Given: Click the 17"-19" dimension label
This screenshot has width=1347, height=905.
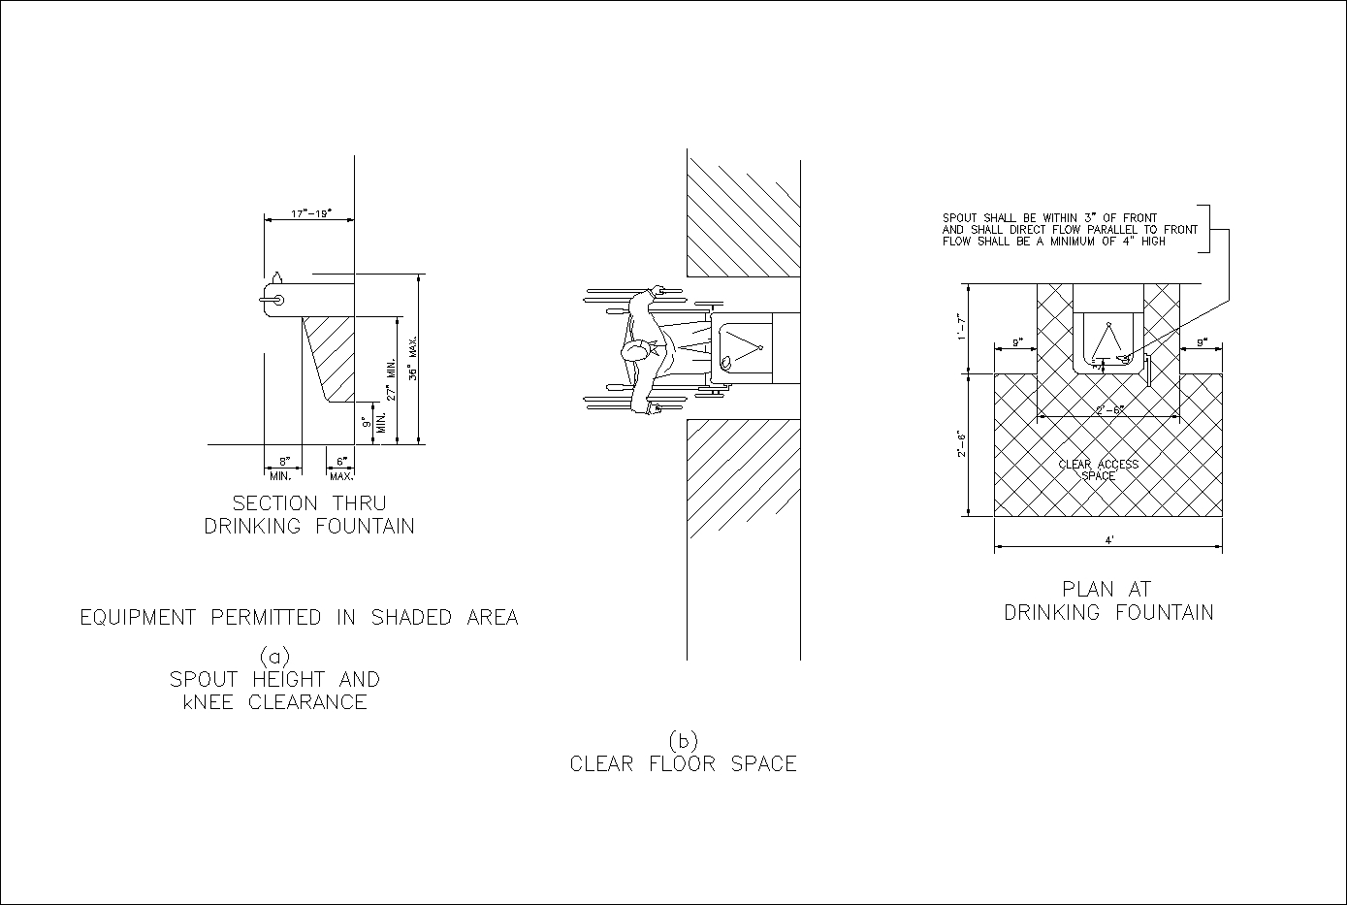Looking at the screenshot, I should [311, 211].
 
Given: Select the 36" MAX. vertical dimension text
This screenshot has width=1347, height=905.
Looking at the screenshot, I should [412, 359].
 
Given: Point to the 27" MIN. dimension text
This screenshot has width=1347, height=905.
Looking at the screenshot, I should [391, 379].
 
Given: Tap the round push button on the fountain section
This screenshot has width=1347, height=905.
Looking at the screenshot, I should [277, 300].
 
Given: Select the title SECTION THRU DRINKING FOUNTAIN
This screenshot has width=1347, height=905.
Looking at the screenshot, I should [308, 515].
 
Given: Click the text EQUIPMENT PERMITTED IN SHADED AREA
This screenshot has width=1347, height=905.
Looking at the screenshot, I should [299, 618].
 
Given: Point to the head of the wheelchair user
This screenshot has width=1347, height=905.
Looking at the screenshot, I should [636, 351].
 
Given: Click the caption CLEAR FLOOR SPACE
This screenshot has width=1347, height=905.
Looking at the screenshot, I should [683, 764].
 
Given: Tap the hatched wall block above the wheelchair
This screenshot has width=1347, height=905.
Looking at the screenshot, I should [743, 211].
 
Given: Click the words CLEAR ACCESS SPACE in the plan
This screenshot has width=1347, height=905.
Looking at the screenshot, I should [1098, 470].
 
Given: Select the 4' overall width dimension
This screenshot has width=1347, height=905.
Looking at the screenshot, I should [1108, 540].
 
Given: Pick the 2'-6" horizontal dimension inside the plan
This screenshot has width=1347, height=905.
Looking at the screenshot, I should [1109, 410].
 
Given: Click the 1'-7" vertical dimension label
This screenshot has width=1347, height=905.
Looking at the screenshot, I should [961, 327].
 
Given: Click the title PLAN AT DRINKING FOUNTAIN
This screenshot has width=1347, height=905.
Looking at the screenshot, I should [1108, 600].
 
